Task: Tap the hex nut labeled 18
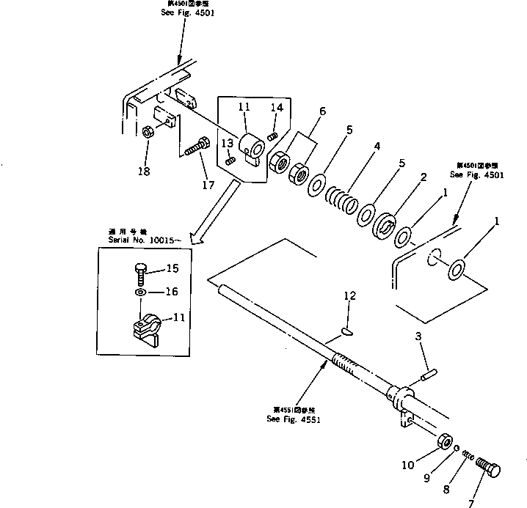pyautogui.click(x=147, y=133)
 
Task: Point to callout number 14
pyautogui.click(x=276, y=107)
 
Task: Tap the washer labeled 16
pyautogui.click(x=140, y=292)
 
